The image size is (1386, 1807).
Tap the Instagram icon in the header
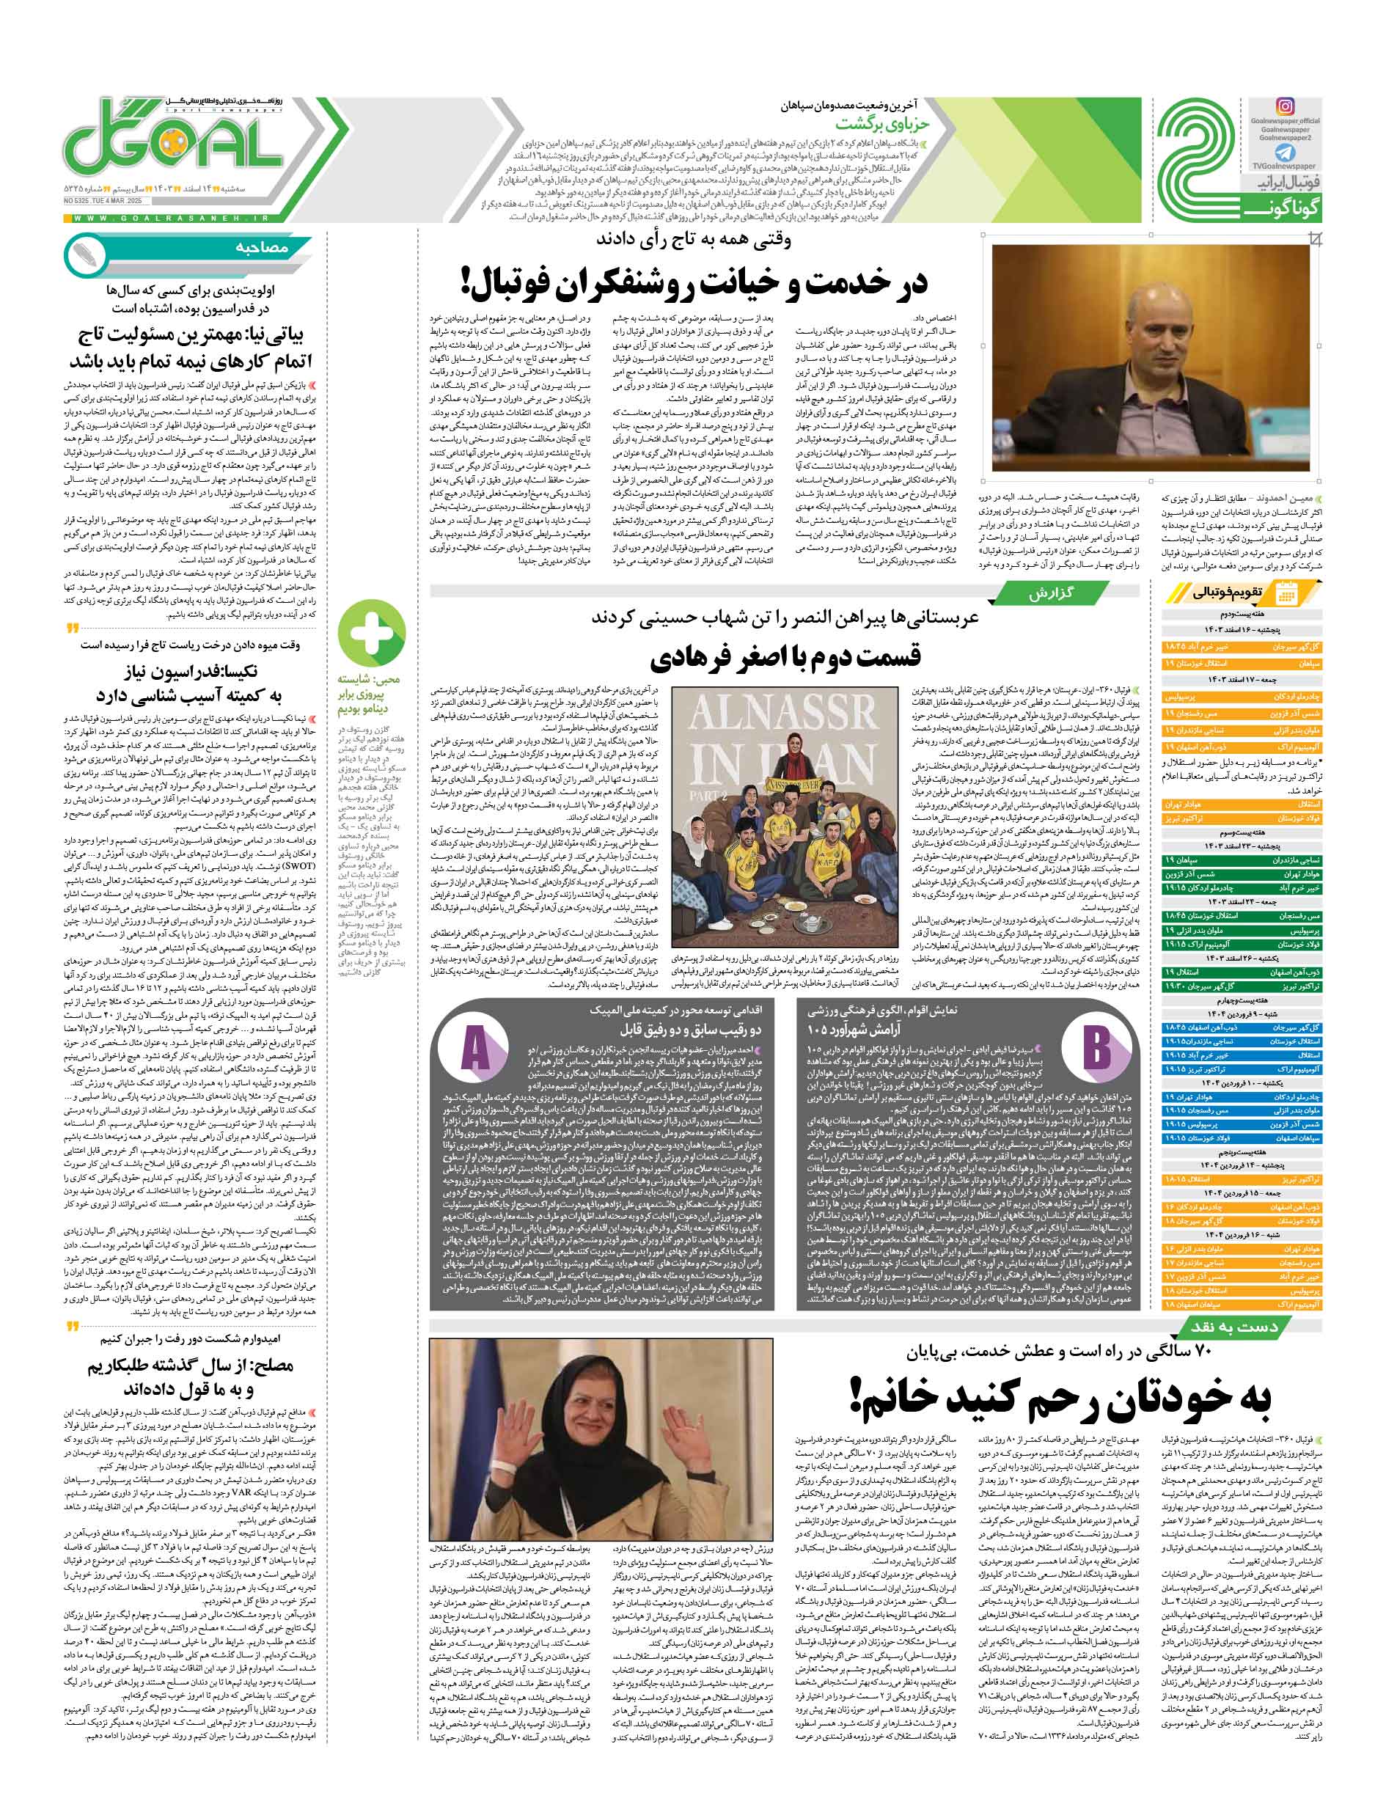1286,106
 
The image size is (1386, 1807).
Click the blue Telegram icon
1286,153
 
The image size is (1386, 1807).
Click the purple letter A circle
476,1046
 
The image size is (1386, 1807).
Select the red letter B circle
1097,1046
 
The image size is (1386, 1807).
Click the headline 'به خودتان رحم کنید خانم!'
1060,1397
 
